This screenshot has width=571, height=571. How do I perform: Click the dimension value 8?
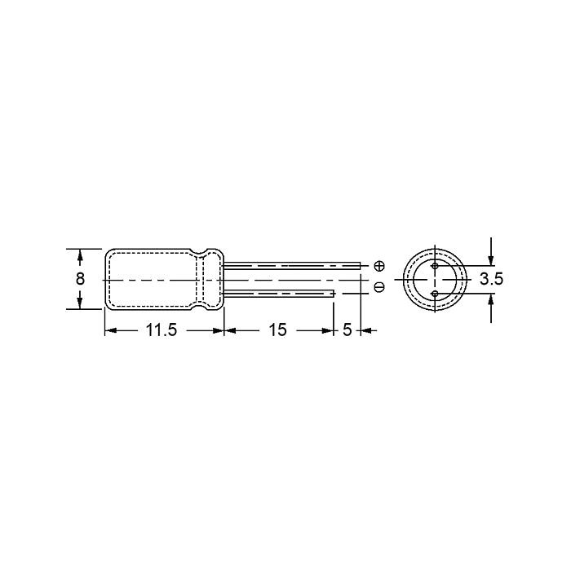click(x=80, y=279)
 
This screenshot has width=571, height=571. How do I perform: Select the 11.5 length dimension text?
click(x=162, y=330)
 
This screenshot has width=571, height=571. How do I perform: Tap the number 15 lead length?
click(x=278, y=330)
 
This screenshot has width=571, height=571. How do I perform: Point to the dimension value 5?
click(x=347, y=330)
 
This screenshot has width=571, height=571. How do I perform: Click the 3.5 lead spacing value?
click(x=491, y=279)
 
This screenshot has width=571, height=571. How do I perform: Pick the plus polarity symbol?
click(x=379, y=266)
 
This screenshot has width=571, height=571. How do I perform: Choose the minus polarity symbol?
click(x=379, y=287)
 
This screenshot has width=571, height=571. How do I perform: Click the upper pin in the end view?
click(x=435, y=266)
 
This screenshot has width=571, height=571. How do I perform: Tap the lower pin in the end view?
click(x=435, y=293)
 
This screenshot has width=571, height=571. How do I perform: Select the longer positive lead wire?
click(x=292, y=266)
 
